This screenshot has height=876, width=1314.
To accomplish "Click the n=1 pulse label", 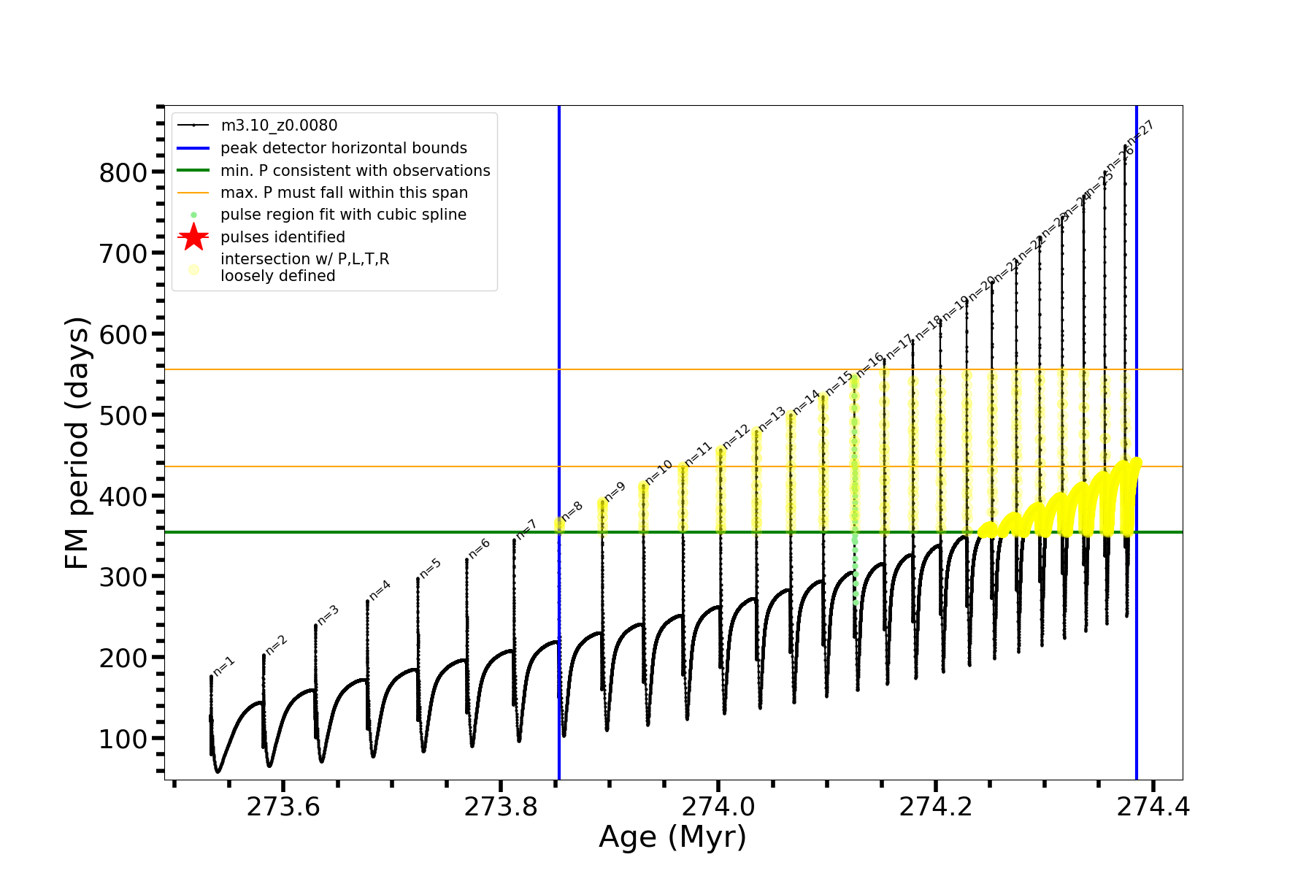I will coord(224,666).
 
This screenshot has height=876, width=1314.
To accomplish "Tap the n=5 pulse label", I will coord(431,568).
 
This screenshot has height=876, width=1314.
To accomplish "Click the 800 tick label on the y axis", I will coord(123,173).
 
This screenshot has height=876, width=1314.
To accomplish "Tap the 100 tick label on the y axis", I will coord(123,739).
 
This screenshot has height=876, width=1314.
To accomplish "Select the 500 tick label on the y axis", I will coord(123,415).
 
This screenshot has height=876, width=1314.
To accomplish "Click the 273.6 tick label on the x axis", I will coord(283,807).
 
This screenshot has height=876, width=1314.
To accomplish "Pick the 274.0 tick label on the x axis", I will coord(718,807).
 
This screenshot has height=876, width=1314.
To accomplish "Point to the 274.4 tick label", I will coord(1153,807).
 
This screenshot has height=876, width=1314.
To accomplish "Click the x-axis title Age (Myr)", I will coord(672,837).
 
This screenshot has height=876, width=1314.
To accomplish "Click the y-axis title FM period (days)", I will coord(77,442).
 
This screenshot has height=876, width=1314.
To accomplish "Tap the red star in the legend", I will coord(193,237).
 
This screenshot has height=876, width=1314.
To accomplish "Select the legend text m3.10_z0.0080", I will coord(279,126).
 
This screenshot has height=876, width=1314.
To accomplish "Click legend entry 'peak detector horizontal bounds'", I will coord(343,148).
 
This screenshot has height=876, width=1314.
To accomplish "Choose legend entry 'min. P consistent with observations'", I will coord(355,171).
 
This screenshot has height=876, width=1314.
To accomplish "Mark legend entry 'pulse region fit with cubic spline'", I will coord(343,215).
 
